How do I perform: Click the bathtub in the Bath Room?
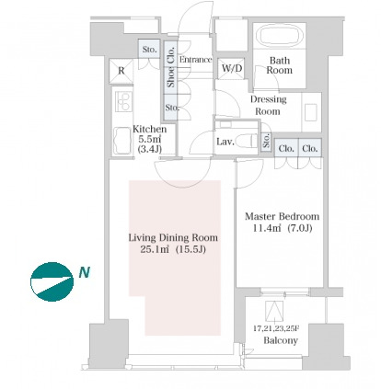tap(279, 35)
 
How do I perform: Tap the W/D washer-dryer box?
tap(232, 68)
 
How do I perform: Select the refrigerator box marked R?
tap(121, 71)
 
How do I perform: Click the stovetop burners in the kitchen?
tap(123, 101)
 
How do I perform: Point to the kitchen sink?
tap(122, 142)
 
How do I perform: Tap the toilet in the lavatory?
tap(247, 141)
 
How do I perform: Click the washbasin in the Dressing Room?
tap(311, 112)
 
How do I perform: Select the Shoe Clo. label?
tap(171, 67)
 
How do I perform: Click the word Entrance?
tap(196, 60)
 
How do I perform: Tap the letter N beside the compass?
tap(85, 272)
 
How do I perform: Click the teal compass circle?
tap(52, 281)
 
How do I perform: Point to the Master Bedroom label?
tap(282, 216)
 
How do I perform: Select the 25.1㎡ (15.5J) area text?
tap(173, 249)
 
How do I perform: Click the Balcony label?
tap(281, 340)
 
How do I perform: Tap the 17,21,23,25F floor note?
tap(276, 328)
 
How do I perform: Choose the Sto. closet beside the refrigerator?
tap(149, 49)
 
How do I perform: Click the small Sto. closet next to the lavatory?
tap(266, 141)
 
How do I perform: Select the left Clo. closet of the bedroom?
tap(286, 148)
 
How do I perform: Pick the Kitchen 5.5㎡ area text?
tap(150, 139)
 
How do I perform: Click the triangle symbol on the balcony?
tap(274, 311)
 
